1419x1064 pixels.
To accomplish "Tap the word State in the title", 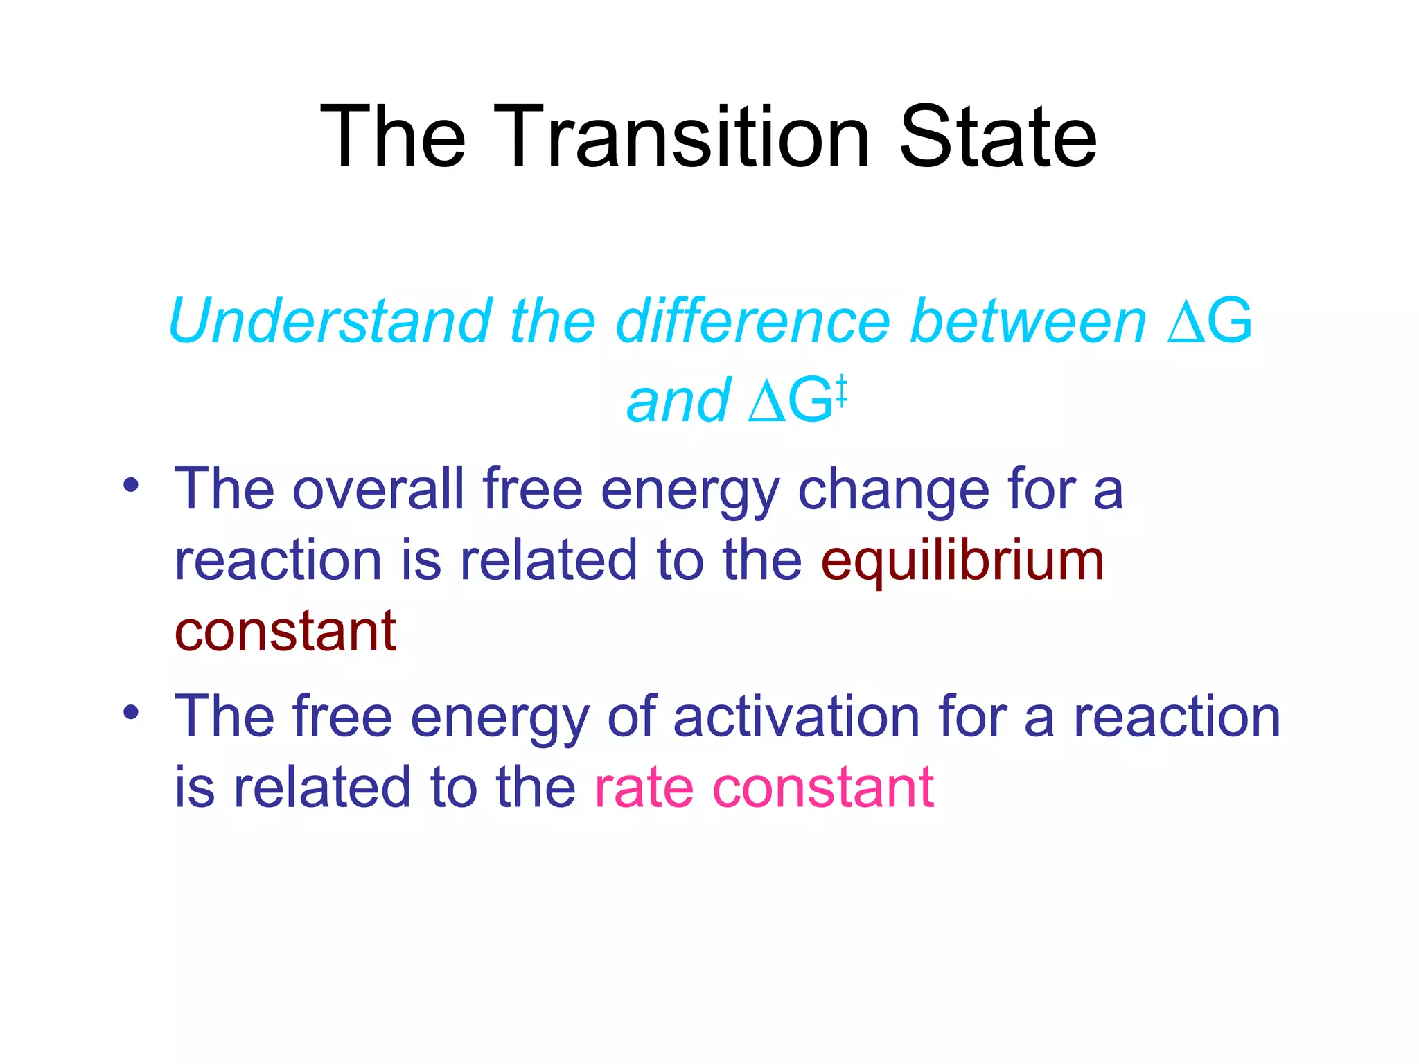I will tap(997, 136).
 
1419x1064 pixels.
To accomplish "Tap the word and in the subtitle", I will tap(678, 401).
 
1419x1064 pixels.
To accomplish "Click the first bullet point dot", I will tap(131, 485).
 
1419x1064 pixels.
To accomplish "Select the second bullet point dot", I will tap(131, 711).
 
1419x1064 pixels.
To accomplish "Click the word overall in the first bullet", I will tap(378, 489).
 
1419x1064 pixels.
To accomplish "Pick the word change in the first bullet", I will tap(894, 489).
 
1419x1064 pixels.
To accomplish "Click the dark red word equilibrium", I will tap(962, 561).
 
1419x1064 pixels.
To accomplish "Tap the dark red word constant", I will tap(285, 632).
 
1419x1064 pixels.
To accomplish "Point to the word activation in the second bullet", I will tap(796, 716).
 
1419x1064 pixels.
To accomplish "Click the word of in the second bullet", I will tap(631, 716).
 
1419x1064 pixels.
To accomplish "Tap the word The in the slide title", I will tap(393, 136).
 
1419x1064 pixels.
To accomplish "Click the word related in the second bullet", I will tap(321, 788).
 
